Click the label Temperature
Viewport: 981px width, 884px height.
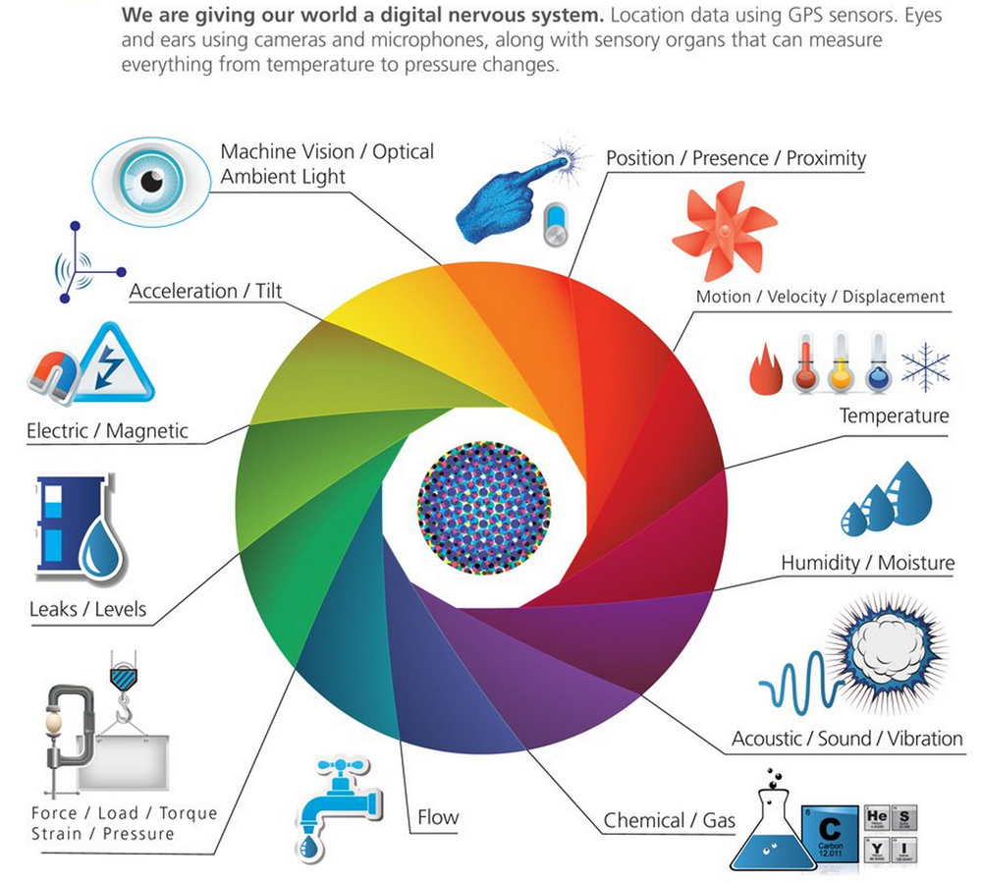tap(894, 415)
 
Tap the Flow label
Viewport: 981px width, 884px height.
tap(438, 817)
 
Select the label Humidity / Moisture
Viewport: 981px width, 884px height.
tap(867, 563)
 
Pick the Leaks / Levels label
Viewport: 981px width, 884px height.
tap(87, 609)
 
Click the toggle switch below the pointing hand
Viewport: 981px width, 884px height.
tap(556, 226)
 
